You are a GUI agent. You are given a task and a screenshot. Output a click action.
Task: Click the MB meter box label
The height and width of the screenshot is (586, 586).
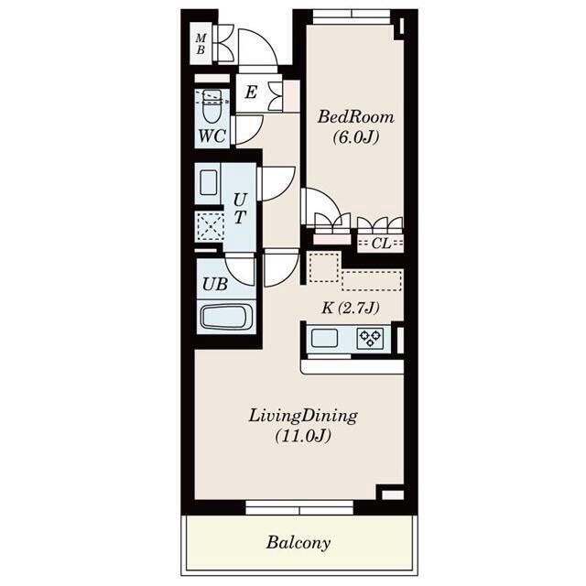[x=201, y=44]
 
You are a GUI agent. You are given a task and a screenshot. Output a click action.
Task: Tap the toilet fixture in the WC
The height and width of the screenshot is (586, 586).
[x=212, y=106]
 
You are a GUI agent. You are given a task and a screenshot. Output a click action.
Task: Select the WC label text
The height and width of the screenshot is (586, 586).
[x=212, y=136]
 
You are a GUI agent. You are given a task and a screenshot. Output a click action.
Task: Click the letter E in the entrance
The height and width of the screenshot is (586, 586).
[x=251, y=92]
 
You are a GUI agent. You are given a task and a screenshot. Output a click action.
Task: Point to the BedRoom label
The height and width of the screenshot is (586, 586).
[x=356, y=117]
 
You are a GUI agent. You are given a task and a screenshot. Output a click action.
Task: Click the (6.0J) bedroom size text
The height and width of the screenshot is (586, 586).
[x=356, y=137]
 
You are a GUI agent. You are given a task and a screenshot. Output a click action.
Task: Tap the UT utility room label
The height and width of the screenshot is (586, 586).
[x=240, y=208]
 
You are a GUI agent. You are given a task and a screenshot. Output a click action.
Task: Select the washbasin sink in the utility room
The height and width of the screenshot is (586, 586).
[x=208, y=182]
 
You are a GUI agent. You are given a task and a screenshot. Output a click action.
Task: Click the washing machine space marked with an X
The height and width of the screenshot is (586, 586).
[x=211, y=227]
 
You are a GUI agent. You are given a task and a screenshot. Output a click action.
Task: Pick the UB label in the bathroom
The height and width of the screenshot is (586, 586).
[x=215, y=285]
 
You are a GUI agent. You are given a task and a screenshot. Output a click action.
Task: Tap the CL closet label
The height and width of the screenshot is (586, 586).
[x=381, y=244]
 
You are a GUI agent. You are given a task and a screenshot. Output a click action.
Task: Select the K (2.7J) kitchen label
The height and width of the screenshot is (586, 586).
[x=351, y=308]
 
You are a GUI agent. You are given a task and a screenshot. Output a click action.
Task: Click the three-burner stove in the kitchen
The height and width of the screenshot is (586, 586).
[x=370, y=338]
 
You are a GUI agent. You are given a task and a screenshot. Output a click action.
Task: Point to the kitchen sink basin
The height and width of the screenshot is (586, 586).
[x=324, y=338]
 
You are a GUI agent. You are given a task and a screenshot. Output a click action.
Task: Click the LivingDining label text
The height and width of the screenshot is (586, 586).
[x=303, y=416]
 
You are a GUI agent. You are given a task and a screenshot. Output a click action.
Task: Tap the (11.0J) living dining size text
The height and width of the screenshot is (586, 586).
[x=303, y=436]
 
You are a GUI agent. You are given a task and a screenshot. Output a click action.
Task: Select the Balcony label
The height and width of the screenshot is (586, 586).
[x=298, y=543]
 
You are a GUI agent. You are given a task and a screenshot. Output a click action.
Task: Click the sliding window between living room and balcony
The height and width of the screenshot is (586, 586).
[x=299, y=507]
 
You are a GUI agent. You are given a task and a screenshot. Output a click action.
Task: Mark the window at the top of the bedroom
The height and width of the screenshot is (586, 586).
[x=352, y=15]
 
